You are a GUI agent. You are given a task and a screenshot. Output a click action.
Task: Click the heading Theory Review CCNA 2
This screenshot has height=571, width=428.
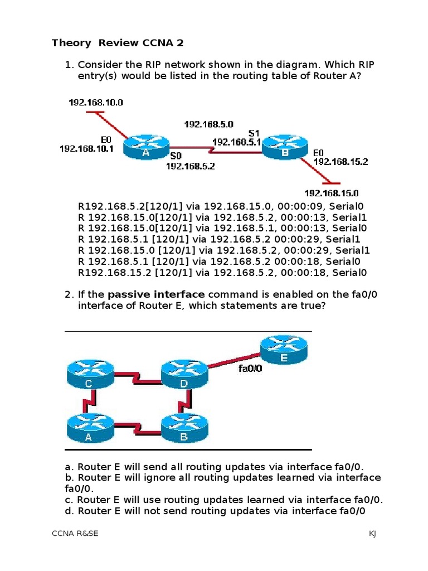(118, 43)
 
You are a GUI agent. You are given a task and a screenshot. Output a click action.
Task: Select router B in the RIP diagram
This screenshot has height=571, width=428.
(285, 146)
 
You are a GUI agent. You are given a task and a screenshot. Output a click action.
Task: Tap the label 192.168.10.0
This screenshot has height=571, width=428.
(96, 103)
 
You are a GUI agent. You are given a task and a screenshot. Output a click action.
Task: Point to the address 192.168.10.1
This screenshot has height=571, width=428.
(86, 149)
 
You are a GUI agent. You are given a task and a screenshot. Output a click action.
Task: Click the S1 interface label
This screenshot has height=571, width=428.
(254, 133)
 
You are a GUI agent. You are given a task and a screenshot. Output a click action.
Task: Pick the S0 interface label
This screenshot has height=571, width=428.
(176, 156)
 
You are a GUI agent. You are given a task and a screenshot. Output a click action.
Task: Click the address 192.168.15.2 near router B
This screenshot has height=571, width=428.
(341, 162)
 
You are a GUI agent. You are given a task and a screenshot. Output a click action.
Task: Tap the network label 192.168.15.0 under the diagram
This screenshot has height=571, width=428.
(331, 193)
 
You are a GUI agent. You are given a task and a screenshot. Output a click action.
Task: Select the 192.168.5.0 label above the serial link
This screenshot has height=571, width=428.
(208, 124)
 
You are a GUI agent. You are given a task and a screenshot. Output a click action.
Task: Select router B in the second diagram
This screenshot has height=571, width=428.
(184, 430)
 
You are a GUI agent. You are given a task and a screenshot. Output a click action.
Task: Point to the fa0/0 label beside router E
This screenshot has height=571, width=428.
(250, 369)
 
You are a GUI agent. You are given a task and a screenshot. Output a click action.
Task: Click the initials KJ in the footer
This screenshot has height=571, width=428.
(372, 534)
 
